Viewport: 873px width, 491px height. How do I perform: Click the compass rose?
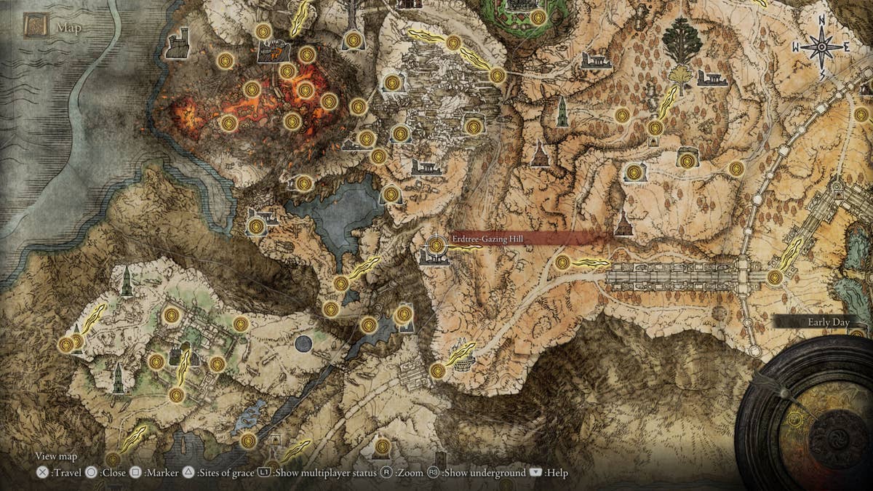coord(821,47)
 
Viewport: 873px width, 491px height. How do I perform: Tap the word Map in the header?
coord(69,29)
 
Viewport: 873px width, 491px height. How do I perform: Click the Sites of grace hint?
coord(218,473)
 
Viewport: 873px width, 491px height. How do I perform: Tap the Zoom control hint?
coord(403,473)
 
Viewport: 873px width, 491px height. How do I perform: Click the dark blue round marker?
coord(303,343)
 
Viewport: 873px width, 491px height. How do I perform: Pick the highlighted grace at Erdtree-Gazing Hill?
coord(436,245)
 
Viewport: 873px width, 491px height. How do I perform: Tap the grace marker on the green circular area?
coord(538,17)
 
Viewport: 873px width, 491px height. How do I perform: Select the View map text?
coord(56,457)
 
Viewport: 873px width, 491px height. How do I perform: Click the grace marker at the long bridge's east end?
coord(775,277)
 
